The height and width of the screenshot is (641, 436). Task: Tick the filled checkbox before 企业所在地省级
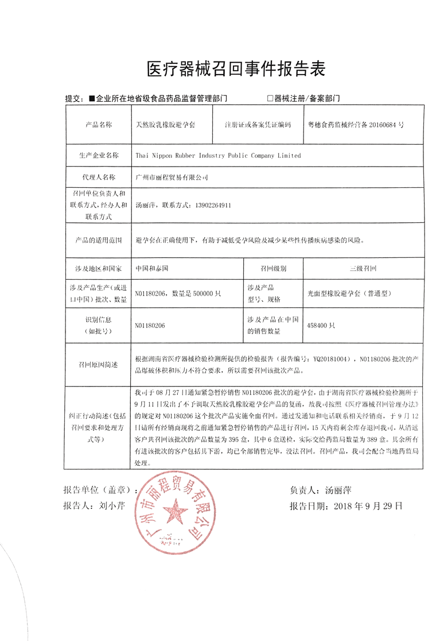[x=92, y=99]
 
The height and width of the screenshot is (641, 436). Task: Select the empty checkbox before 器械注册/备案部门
[x=270, y=99]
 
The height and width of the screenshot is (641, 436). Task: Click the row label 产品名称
[x=99, y=124]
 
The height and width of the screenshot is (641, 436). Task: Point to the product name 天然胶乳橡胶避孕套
[x=165, y=124]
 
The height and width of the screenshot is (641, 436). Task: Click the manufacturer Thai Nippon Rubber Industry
[x=218, y=155]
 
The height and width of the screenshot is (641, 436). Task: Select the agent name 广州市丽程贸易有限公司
[x=171, y=178]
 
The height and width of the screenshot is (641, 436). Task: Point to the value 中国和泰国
[x=151, y=268]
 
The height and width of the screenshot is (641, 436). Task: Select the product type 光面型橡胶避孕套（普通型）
[x=349, y=293]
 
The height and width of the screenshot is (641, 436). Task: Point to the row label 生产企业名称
[x=99, y=155]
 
